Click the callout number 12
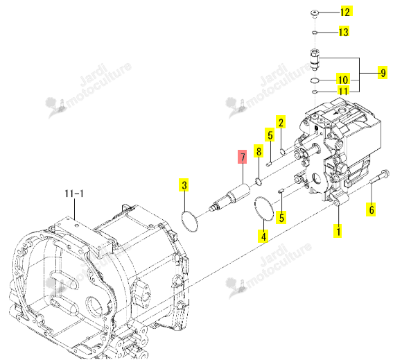click(346, 12)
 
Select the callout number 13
click(344, 32)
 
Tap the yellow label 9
click(383, 73)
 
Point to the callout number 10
click(343, 80)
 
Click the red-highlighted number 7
click(243, 157)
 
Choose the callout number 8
click(259, 151)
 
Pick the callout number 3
click(184, 185)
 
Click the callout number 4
click(264, 236)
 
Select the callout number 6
click(372, 209)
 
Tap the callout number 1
click(338, 231)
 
